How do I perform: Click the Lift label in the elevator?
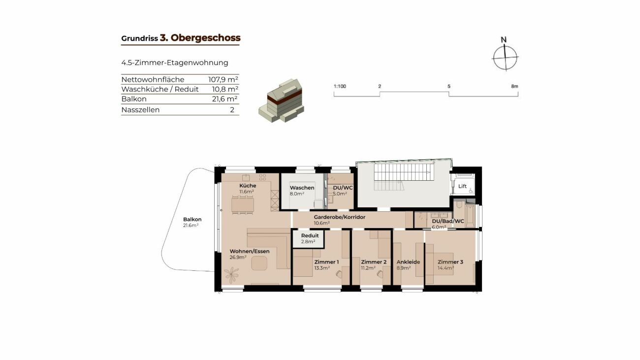(462, 186)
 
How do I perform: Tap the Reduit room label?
(310, 236)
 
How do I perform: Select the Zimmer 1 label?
(326, 262)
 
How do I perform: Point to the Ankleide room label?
(408, 262)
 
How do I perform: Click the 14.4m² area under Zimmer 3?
(446, 268)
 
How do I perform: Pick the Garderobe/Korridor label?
(339, 217)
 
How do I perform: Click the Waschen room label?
(302, 188)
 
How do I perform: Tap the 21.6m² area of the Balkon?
(191, 226)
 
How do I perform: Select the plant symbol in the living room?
(231, 275)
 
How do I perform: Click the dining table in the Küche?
(243, 205)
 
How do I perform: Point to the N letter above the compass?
(504, 40)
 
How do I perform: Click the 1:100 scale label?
(340, 86)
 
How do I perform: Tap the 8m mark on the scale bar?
(514, 86)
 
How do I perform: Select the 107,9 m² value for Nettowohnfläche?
(223, 79)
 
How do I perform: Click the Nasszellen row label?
(140, 110)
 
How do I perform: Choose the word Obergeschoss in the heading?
(206, 38)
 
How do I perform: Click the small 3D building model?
(282, 100)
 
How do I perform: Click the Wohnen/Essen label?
(250, 252)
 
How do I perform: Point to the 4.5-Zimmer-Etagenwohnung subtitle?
(175, 63)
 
